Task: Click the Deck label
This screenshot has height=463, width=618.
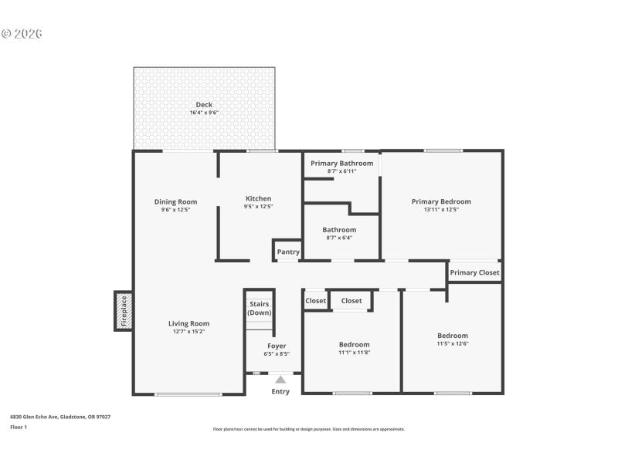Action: coord(204,105)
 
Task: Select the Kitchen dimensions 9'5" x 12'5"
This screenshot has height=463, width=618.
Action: coord(258,207)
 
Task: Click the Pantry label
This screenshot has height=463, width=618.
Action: coord(288,252)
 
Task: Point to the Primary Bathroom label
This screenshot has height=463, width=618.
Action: coord(341,163)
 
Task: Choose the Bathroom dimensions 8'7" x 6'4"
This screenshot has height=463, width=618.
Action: coord(339,238)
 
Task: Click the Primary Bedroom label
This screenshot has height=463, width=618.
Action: coord(441,201)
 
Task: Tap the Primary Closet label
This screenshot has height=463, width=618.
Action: coord(474,272)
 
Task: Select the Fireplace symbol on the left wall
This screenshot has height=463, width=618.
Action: coord(124,311)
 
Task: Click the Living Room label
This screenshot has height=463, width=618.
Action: coord(189,323)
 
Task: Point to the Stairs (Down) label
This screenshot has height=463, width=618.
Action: coord(259,308)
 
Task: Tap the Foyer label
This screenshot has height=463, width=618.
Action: coord(277,346)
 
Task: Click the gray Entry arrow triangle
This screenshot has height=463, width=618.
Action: coord(280,379)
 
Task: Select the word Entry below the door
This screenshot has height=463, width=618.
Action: coord(280,392)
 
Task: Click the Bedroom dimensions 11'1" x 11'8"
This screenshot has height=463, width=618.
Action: coord(354,353)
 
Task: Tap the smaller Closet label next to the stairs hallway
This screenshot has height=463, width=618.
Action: coord(315,301)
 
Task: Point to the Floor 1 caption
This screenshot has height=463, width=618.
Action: coord(19,427)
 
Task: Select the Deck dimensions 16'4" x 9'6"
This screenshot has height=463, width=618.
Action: coord(204,113)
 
